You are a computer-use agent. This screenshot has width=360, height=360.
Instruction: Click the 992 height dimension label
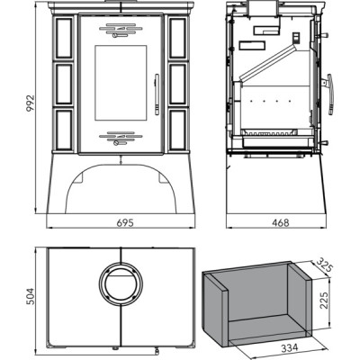pos(31,103)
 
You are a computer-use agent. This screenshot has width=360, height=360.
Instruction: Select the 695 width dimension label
pos(124,223)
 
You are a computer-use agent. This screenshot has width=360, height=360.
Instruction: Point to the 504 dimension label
pos(31,296)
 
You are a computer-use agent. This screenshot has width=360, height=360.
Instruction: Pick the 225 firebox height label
pos(324,300)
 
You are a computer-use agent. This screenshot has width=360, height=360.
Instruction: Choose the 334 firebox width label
pos(290,347)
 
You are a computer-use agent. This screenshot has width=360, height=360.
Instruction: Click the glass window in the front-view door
pos(121,83)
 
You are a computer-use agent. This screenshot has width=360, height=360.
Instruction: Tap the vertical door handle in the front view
pos(157,94)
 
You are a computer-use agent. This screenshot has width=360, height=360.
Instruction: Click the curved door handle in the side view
pos(331,94)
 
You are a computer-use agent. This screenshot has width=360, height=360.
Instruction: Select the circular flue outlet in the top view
pos(121,283)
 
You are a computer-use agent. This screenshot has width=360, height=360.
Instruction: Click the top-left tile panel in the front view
pos(64,38)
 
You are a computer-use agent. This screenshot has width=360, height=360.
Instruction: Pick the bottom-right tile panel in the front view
pos(177,130)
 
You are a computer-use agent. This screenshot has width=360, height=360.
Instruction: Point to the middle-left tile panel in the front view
pos(64,84)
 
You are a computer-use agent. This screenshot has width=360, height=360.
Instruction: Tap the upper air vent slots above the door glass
pos(121,31)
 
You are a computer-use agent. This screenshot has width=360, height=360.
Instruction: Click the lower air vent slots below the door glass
pos(121,139)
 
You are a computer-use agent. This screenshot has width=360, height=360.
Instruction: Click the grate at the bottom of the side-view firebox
pos(270,132)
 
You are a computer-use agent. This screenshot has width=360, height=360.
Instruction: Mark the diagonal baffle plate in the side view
pos(268,62)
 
